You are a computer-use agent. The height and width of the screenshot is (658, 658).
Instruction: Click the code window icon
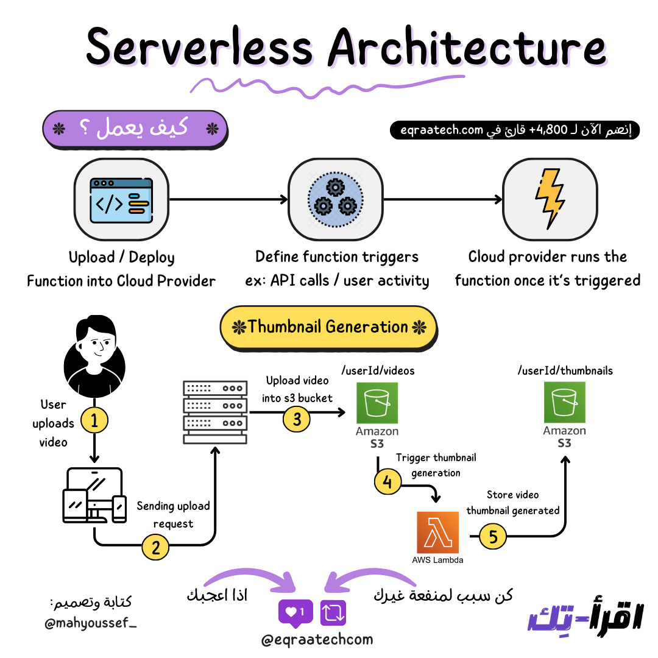(120, 199)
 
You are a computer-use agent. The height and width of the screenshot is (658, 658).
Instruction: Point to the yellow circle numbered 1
(94, 420)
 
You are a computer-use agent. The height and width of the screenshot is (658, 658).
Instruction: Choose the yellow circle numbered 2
(155, 547)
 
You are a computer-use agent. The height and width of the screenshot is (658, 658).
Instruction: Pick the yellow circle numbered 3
(297, 418)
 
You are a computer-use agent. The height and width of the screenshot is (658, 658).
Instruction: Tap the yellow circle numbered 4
(387, 482)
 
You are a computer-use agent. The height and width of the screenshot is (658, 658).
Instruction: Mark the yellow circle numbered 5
(493, 536)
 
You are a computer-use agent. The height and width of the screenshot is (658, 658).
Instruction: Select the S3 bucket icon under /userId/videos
(377, 403)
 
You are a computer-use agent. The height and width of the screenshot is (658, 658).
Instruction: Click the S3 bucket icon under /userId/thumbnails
(564, 403)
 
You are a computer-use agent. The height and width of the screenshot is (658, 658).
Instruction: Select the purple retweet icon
(333, 612)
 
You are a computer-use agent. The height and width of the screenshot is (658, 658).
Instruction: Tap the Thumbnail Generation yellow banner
(328, 327)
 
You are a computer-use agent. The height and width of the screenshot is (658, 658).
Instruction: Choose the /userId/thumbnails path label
(565, 370)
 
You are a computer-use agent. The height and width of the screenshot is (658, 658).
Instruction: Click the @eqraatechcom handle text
(317, 640)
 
